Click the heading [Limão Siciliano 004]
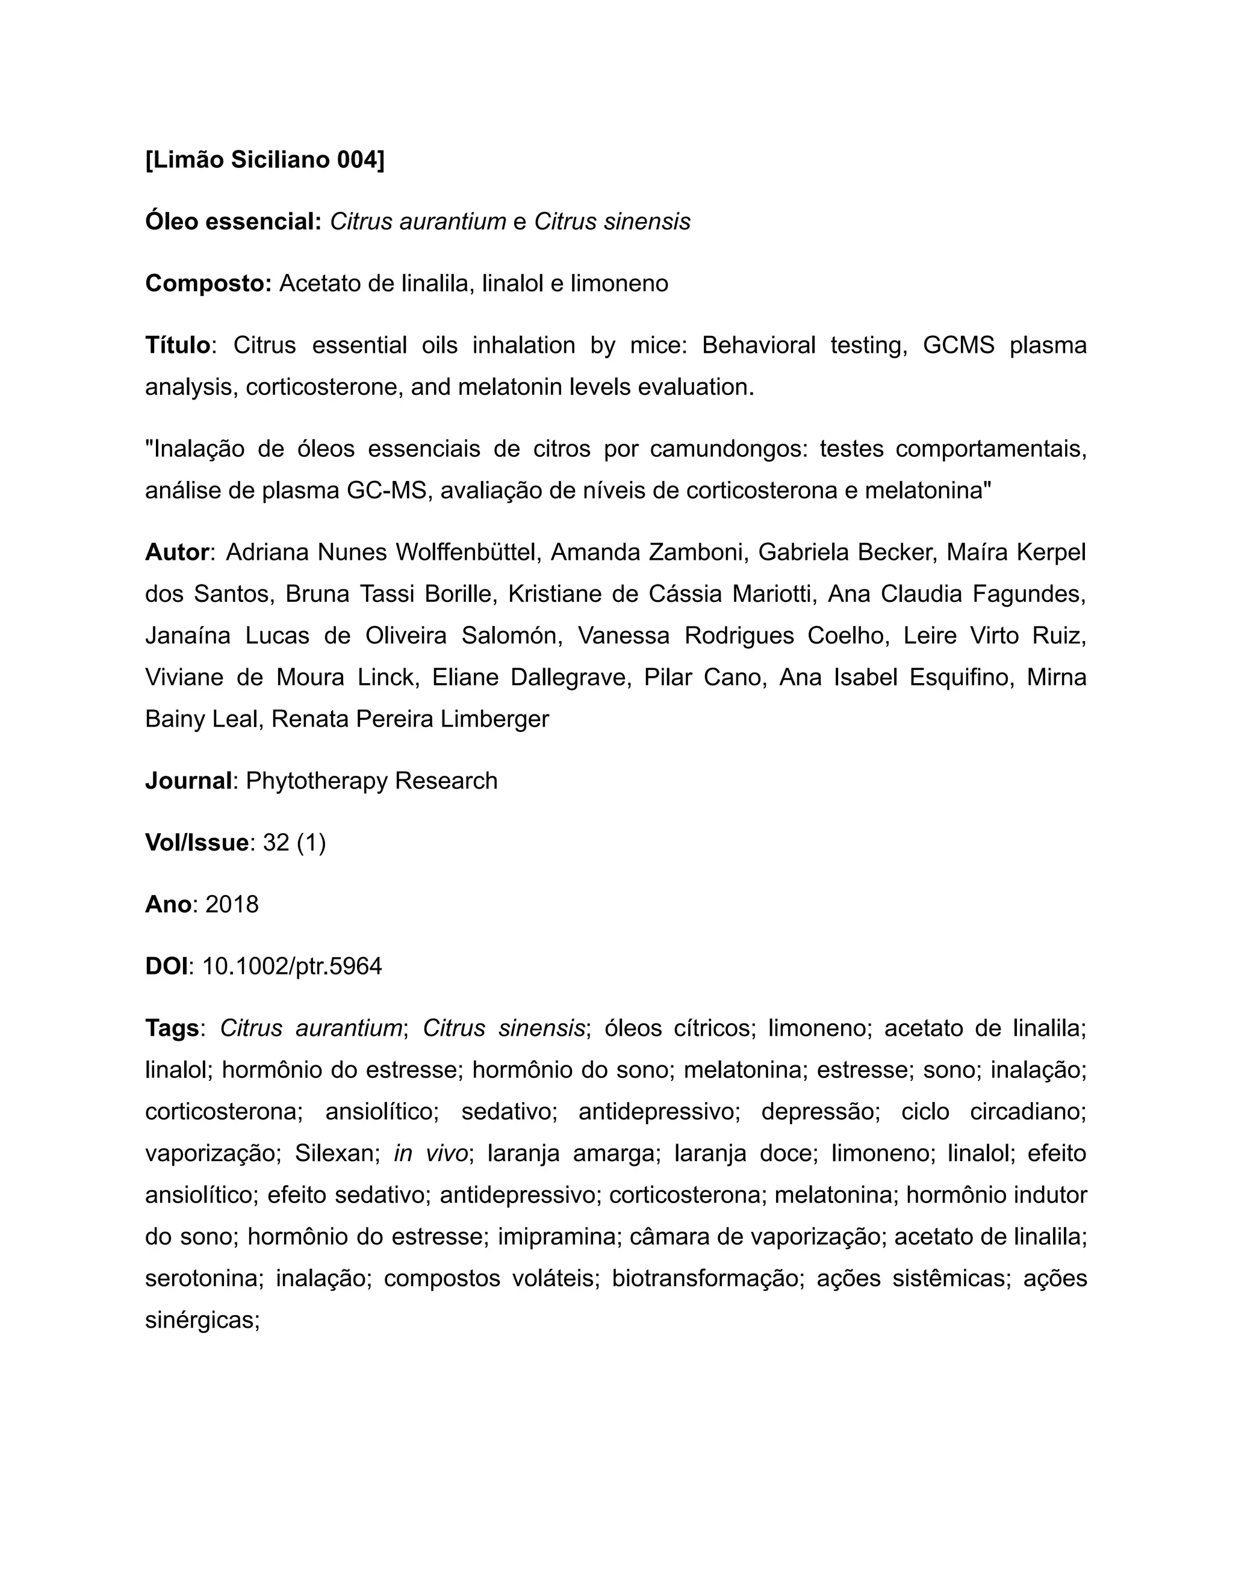tap(264, 159)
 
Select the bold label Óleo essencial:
tap(233, 221)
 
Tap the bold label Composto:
tap(208, 283)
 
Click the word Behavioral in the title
tap(758, 345)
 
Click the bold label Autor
tap(178, 552)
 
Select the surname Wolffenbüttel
tap(467, 552)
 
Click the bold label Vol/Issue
tap(196, 843)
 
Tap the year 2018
tap(232, 905)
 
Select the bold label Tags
tap(172, 1028)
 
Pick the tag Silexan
tap(336, 1153)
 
